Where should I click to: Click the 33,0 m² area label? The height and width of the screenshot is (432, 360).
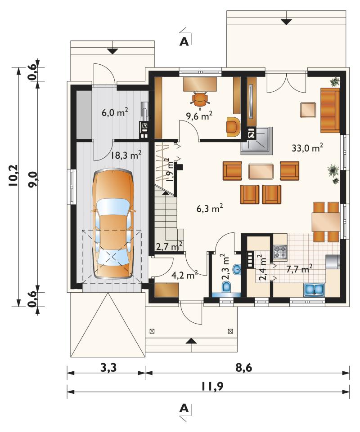(307, 148)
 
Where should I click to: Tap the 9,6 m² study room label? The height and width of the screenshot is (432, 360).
(199, 116)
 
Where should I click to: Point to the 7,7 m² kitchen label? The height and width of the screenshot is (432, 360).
(299, 269)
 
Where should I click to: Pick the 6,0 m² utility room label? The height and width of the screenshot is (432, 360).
(115, 112)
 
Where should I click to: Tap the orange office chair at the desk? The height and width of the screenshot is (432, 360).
(200, 99)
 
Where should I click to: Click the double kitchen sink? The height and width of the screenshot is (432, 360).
(314, 289)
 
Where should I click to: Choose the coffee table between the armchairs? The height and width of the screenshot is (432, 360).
(261, 171)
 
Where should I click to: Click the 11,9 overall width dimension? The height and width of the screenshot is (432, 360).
(212, 387)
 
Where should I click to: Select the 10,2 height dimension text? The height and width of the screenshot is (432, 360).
(13, 176)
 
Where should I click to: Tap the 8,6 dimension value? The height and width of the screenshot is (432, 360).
(243, 368)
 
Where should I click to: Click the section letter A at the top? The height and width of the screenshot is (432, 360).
(184, 41)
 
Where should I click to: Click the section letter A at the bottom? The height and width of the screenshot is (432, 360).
(184, 408)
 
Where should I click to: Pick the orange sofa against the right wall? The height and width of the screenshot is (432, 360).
(330, 110)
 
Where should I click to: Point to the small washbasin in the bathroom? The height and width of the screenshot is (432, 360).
(237, 269)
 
